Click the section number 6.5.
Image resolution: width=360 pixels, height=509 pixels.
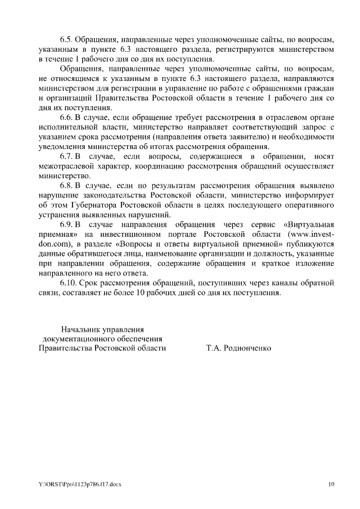(67, 40)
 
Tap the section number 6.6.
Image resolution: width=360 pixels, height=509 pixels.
(67, 117)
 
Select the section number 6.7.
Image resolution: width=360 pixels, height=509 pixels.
(67, 156)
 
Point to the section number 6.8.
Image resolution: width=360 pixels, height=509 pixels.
(67, 185)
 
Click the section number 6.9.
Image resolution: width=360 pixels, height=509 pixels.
(67, 224)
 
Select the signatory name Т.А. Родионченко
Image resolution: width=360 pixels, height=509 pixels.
(238, 348)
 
